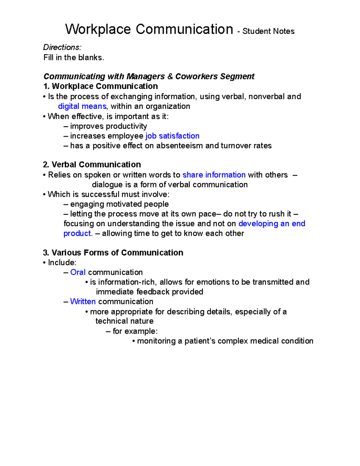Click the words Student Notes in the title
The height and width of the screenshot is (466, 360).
pyautogui.click(x=268, y=31)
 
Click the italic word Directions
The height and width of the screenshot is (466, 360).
pyautogui.click(x=62, y=47)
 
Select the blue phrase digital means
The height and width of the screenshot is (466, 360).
pyautogui.click(x=82, y=106)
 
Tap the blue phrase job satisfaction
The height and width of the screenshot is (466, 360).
pyautogui.click(x=172, y=136)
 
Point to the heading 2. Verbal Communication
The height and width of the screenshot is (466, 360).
pyautogui.click(x=92, y=164)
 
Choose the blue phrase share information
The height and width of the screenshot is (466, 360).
pyautogui.click(x=214, y=175)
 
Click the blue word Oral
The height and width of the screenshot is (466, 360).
pyautogui.click(x=78, y=272)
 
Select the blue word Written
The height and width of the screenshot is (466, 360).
pyautogui.click(x=83, y=301)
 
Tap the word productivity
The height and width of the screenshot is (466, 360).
pyautogui.click(x=126, y=126)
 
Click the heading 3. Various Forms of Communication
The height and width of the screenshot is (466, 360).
pyautogui.click(x=113, y=253)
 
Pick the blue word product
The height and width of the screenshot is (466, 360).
pyautogui.click(x=78, y=233)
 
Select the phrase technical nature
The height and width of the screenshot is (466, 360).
pyautogui.click(x=124, y=321)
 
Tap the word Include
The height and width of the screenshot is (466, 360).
pyautogui.click(x=62, y=263)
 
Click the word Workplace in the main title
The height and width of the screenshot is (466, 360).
pyautogui.click(x=98, y=29)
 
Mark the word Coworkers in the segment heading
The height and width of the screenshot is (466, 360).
pyautogui.click(x=196, y=77)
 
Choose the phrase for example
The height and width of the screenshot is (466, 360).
pyautogui.click(x=135, y=331)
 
